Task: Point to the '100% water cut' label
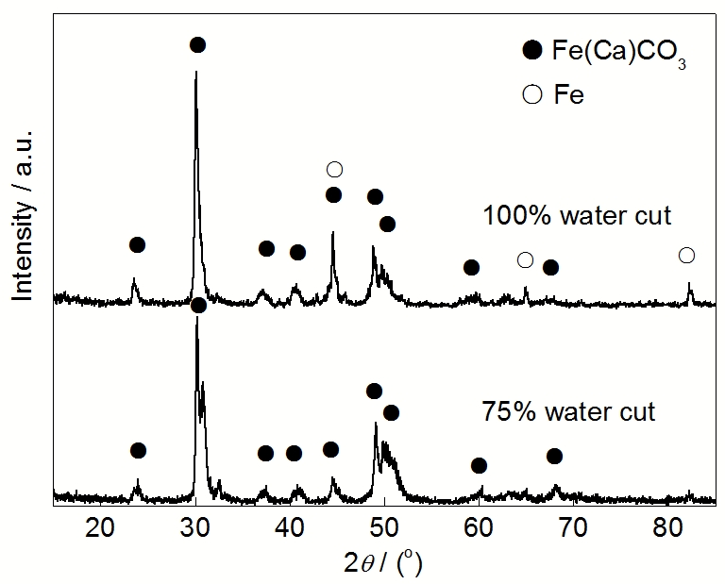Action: click(x=577, y=215)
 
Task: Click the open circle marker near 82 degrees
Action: click(x=686, y=256)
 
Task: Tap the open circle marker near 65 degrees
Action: click(x=526, y=259)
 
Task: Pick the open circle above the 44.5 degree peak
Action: click(x=334, y=170)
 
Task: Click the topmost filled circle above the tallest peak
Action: click(x=197, y=44)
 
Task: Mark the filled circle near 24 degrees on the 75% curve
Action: click(x=138, y=450)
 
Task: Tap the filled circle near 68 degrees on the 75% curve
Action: click(x=554, y=457)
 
